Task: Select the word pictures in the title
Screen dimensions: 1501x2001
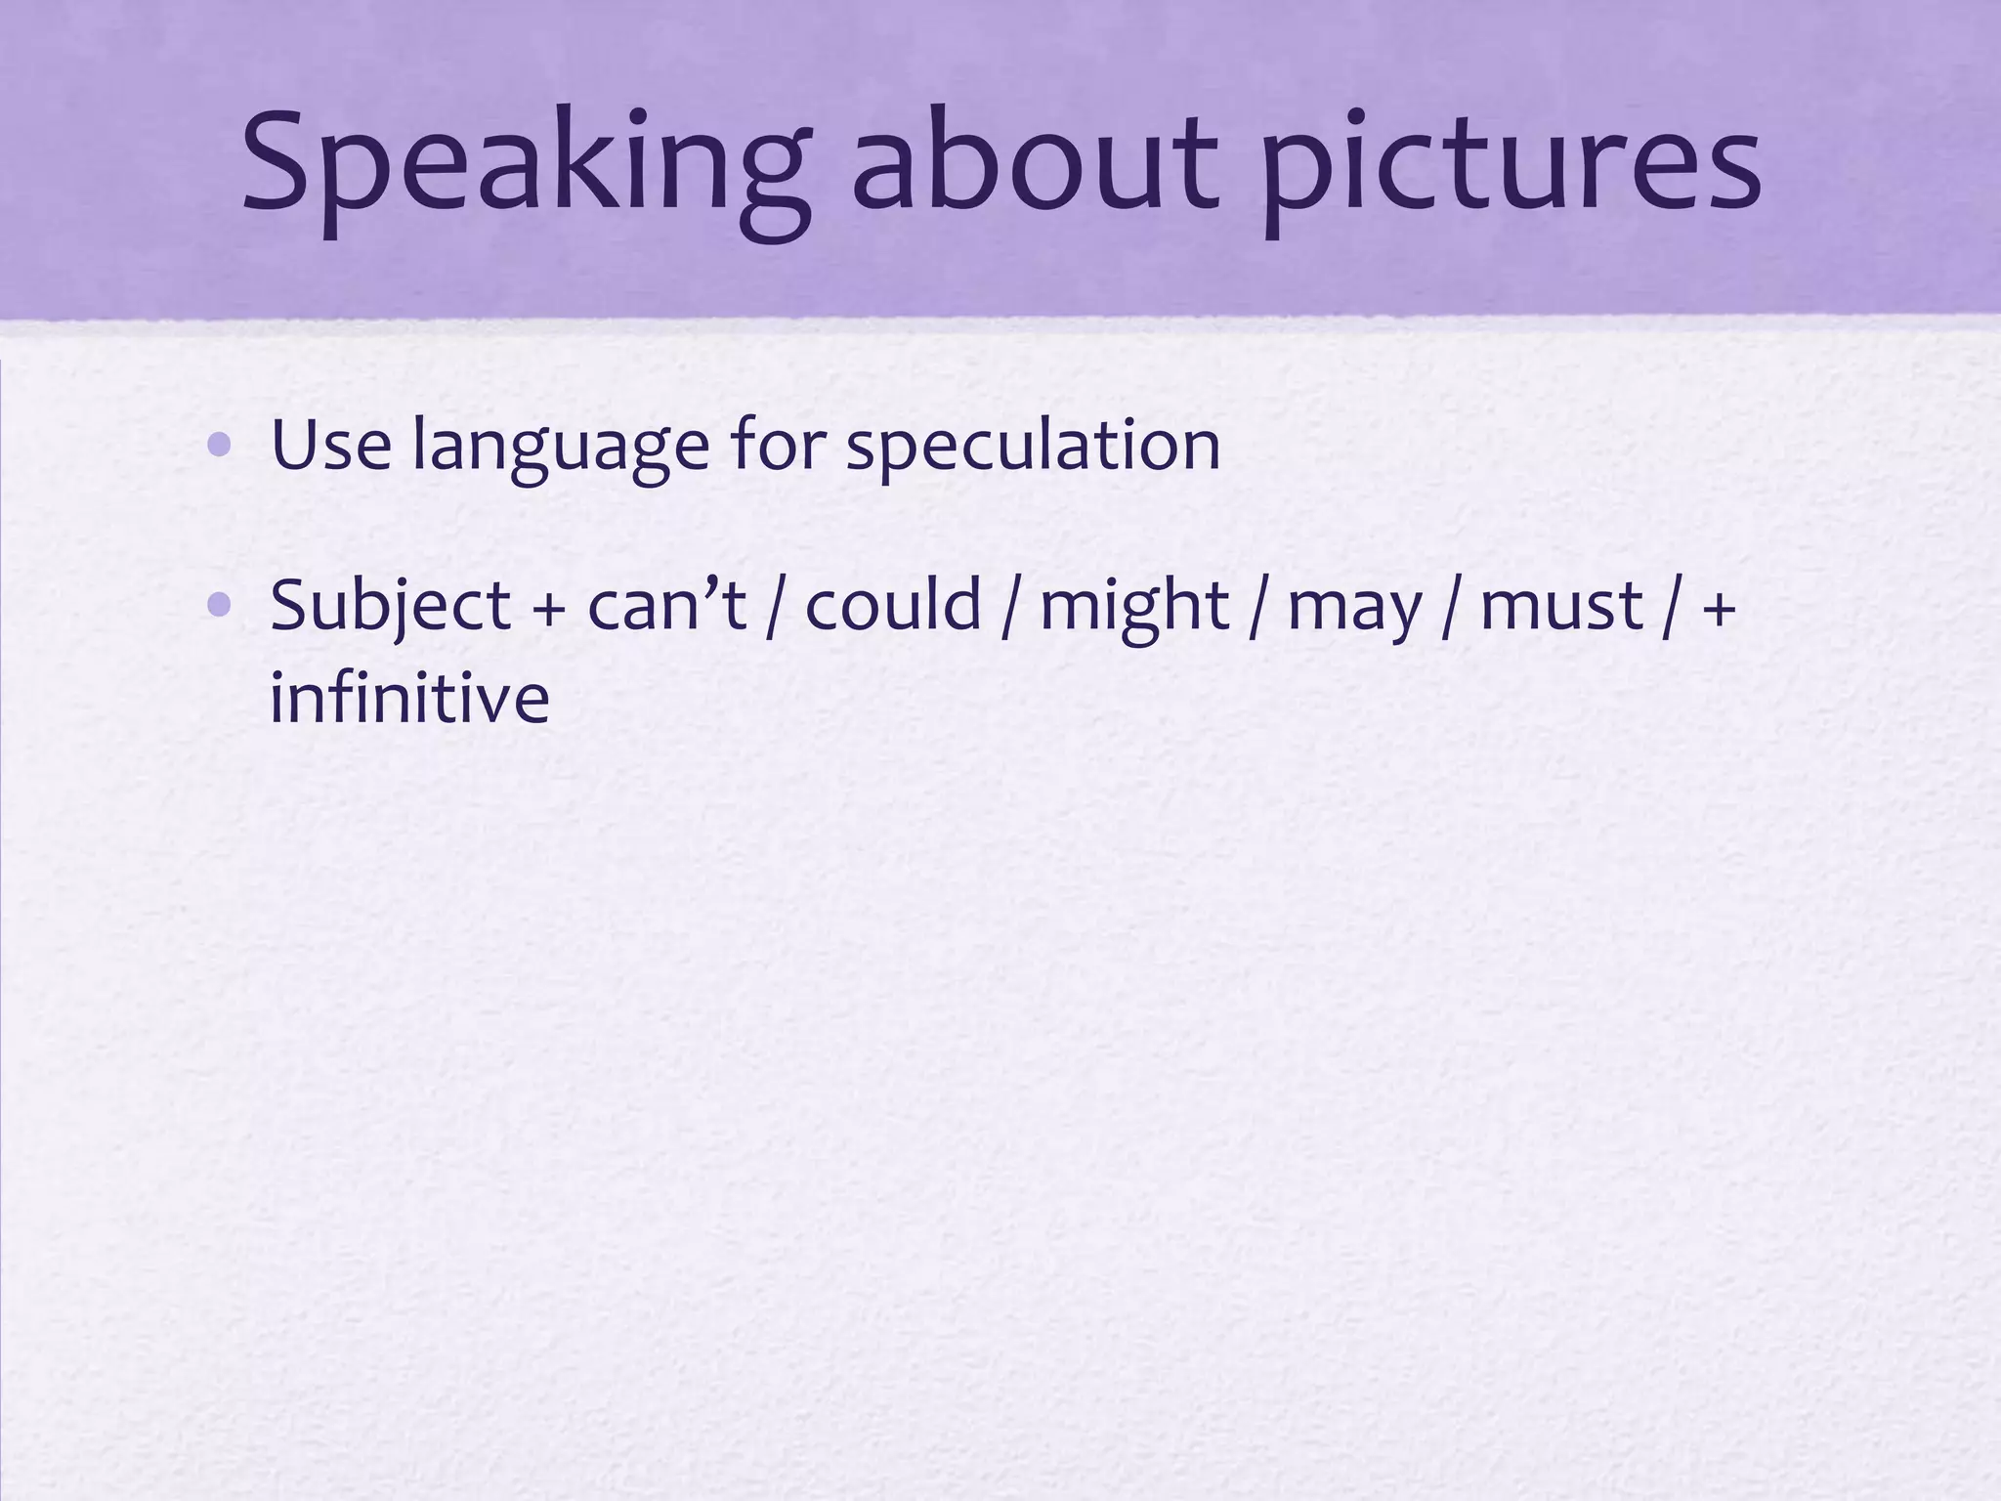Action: click(1510, 166)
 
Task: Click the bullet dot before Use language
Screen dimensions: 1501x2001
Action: click(220, 446)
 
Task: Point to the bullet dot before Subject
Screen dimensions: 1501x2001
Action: click(220, 606)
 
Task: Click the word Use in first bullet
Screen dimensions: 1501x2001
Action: click(330, 446)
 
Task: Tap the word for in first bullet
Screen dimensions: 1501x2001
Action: click(778, 446)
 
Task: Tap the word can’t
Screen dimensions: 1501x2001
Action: click(666, 606)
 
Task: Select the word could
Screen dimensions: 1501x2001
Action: click(893, 606)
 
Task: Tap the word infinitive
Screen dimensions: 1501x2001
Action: click(409, 698)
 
